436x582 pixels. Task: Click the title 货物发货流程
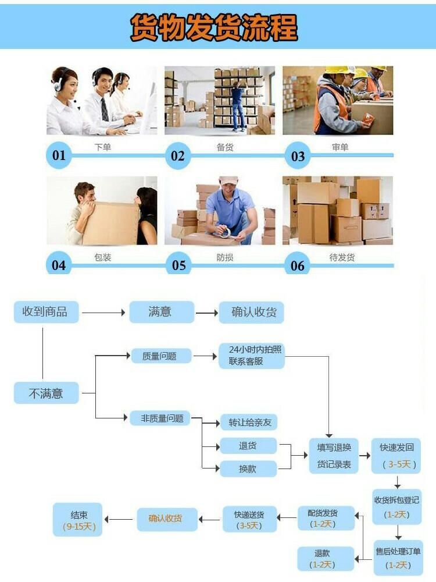(x=214, y=26)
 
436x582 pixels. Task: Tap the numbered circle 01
(x=59, y=155)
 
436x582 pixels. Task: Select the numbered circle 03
(x=298, y=156)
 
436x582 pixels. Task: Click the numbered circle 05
(x=178, y=265)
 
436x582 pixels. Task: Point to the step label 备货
(x=225, y=147)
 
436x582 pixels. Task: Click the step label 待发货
(x=342, y=257)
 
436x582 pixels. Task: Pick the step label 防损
(x=225, y=257)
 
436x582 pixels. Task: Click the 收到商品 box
(x=45, y=312)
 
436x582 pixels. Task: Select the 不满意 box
(x=46, y=393)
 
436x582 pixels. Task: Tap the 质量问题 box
(x=159, y=356)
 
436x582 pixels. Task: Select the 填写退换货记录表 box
(x=334, y=456)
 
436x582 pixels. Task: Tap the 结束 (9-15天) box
(x=78, y=520)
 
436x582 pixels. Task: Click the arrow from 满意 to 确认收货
(x=206, y=313)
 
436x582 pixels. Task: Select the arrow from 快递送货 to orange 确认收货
(x=210, y=517)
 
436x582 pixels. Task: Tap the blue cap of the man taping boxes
(x=228, y=181)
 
